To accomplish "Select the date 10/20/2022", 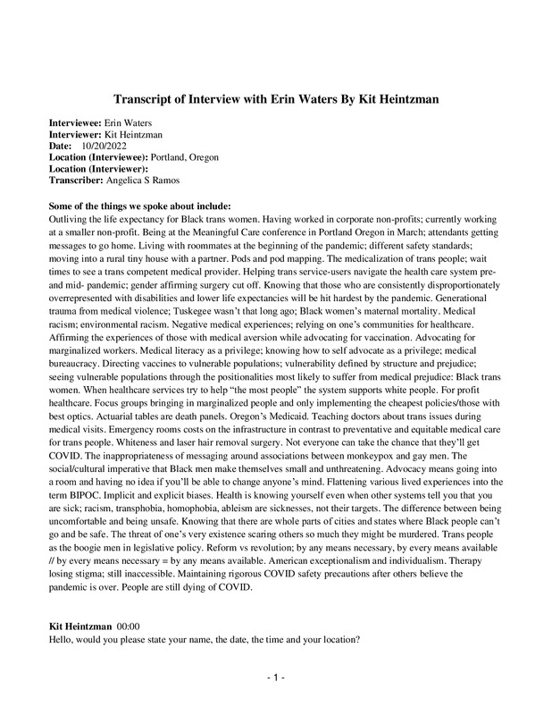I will point(103,146).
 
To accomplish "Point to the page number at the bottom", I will point(275,678).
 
